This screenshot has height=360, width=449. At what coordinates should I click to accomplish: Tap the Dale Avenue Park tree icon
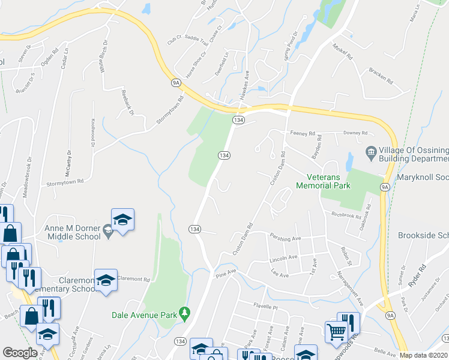point(185,313)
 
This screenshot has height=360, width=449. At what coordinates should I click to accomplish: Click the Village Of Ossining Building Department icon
point(371,152)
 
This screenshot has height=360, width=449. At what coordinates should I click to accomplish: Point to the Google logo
point(20,353)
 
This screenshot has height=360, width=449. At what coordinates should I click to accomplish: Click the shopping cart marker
point(336,331)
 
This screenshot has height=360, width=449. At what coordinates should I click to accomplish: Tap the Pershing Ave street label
point(285,238)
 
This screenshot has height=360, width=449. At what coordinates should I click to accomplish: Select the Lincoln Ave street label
point(284,257)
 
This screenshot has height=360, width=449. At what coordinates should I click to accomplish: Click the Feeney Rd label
point(303,134)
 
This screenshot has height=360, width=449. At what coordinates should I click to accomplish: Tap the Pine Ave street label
point(227,272)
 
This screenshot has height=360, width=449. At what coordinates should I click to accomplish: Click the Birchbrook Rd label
point(344,214)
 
